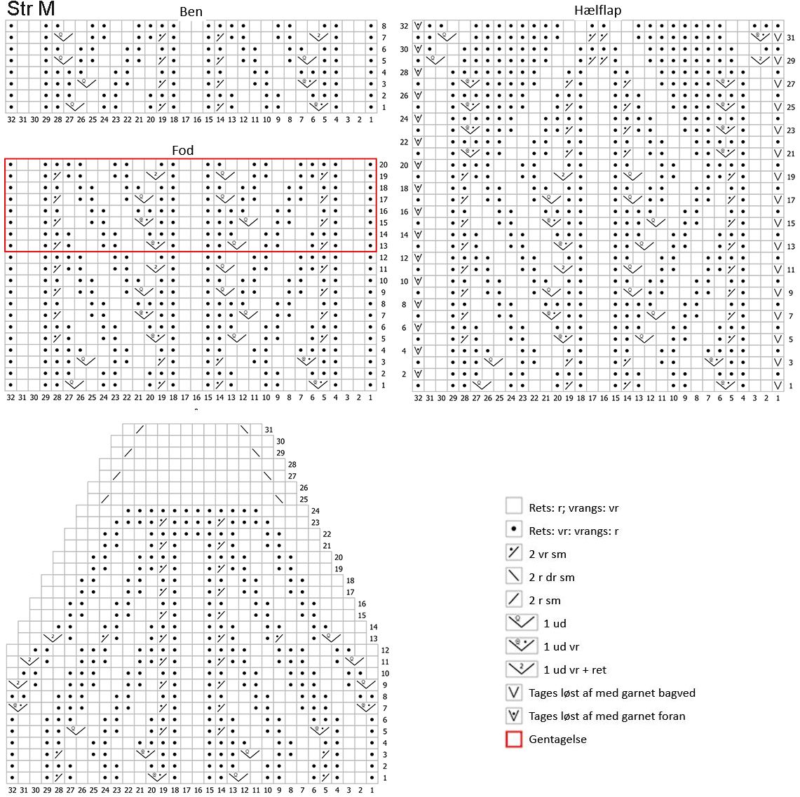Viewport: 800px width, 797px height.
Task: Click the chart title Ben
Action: (191, 12)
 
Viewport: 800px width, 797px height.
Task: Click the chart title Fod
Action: (182, 151)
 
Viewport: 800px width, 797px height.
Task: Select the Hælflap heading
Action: (597, 11)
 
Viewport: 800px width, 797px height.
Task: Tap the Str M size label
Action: (31, 9)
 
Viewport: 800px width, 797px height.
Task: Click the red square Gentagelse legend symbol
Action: (514, 739)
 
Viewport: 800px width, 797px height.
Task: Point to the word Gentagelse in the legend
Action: (557, 739)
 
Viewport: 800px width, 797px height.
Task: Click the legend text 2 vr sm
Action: (548, 554)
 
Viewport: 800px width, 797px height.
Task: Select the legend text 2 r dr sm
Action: (551, 577)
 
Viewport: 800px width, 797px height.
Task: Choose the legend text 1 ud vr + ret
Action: (574, 669)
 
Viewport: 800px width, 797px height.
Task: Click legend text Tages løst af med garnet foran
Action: (606, 716)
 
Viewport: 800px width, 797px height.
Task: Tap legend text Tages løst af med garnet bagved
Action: (611, 693)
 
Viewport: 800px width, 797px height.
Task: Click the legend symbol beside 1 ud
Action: (520, 622)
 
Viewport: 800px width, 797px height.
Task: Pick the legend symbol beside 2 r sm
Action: (514, 600)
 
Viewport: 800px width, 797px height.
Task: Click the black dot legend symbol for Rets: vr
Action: (514, 531)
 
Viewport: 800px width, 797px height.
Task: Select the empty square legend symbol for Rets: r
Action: (514, 508)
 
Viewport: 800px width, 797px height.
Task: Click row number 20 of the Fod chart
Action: (384, 165)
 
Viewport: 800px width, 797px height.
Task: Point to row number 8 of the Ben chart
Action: (384, 27)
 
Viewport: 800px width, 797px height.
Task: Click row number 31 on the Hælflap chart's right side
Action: (791, 38)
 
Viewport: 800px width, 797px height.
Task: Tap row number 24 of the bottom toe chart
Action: (316, 511)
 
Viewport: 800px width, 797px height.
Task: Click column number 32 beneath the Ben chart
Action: (11, 120)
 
